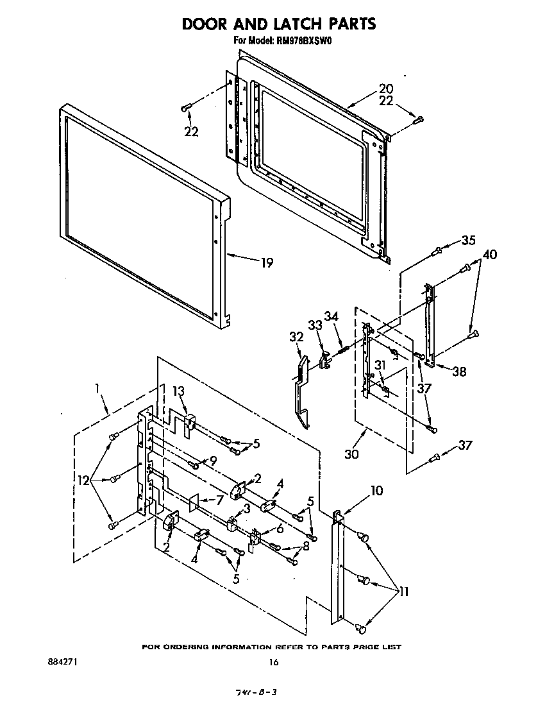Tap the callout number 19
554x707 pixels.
pyautogui.click(x=266, y=262)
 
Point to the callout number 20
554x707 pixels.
pyautogui.click(x=386, y=89)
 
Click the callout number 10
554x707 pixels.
pyautogui.click(x=376, y=491)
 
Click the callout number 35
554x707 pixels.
pyautogui.click(x=469, y=241)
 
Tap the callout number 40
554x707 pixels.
pyautogui.click(x=490, y=255)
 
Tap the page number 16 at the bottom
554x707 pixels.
pyautogui.click(x=274, y=662)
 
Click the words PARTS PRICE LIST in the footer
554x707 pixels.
pyautogui.click(x=364, y=647)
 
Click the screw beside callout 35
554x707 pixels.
pyautogui.click(x=437, y=250)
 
